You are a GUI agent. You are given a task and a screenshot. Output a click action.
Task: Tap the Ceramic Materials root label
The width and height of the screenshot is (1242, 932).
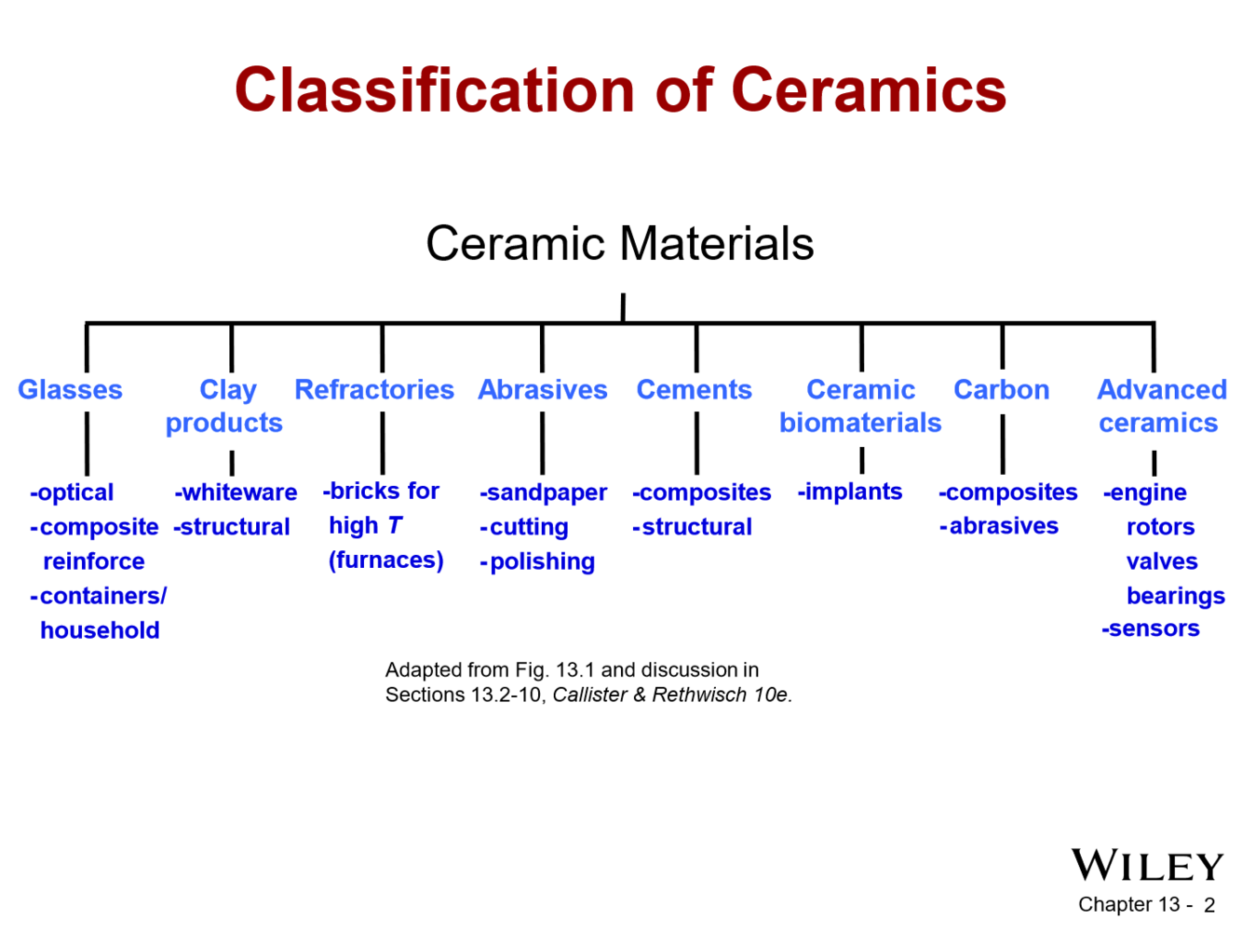(x=619, y=244)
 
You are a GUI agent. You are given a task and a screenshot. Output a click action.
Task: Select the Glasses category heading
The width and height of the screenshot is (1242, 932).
(x=70, y=389)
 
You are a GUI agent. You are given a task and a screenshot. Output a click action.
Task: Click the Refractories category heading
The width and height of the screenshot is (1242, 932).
(x=374, y=389)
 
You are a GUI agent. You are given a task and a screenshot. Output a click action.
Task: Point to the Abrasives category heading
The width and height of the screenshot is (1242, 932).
(x=543, y=389)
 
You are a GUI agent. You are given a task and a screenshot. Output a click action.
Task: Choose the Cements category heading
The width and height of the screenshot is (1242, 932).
(x=694, y=389)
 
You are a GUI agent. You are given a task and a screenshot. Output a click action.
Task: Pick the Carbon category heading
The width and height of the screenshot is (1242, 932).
(x=1001, y=389)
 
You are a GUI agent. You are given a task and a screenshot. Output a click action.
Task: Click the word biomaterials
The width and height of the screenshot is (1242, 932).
(x=860, y=423)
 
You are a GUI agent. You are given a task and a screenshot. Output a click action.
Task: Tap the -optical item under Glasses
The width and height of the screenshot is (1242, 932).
(x=72, y=493)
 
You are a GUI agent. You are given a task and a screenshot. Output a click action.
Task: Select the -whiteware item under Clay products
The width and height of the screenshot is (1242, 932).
(x=236, y=493)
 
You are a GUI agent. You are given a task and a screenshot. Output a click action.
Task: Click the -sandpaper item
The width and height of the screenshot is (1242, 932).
(x=544, y=493)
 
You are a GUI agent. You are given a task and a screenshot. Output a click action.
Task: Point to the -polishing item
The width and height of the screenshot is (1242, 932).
(x=538, y=561)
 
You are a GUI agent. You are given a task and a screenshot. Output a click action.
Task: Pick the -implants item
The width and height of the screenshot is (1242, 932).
(x=850, y=492)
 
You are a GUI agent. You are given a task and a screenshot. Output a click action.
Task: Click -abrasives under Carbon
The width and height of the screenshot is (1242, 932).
(x=999, y=526)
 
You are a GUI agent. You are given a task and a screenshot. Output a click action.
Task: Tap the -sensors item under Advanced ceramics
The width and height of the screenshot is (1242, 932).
(x=1151, y=628)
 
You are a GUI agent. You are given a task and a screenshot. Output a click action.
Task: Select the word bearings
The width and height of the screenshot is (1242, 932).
(x=1175, y=596)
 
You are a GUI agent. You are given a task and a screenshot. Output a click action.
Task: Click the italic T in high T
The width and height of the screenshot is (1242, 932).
(x=395, y=526)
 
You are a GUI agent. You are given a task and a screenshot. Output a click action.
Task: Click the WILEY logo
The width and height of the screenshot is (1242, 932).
(x=1147, y=866)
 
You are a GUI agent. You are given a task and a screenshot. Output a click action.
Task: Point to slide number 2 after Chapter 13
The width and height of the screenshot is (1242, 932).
(x=1208, y=905)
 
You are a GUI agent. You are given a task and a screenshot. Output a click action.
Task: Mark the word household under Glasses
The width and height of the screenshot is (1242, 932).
(x=100, y=630)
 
